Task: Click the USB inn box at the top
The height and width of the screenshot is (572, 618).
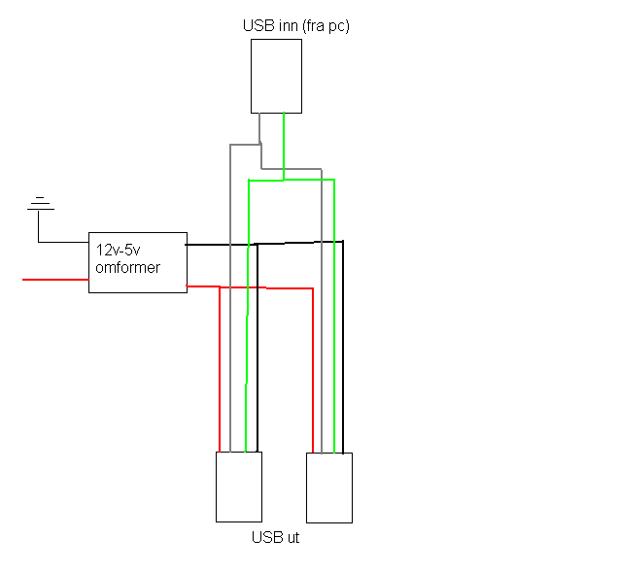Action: coord(276,76)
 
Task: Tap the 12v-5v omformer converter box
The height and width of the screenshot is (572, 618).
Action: coord(137,262)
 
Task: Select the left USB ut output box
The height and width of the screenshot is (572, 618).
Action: coord(238,486)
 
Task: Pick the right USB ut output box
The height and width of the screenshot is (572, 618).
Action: coord(329,488)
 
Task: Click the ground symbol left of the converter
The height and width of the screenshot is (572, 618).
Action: coord(39,204)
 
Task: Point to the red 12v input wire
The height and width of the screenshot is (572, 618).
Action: coord(54,280)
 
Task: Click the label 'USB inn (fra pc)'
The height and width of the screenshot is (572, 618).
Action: coord(295,26)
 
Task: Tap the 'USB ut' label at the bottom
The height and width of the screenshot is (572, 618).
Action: coord(275,537)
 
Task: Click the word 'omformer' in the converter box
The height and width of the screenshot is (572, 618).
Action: coord(127,267)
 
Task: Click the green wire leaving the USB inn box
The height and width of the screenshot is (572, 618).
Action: coord(283,146)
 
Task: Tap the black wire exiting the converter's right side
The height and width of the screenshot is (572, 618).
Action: coord(219,245)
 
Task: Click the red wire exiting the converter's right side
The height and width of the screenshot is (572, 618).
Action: coord(202,286)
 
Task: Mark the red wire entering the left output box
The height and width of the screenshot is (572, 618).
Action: coord(220,388)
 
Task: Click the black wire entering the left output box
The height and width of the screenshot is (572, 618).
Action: coord(257,388)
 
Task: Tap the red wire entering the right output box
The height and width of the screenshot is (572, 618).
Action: coord(313,388)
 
